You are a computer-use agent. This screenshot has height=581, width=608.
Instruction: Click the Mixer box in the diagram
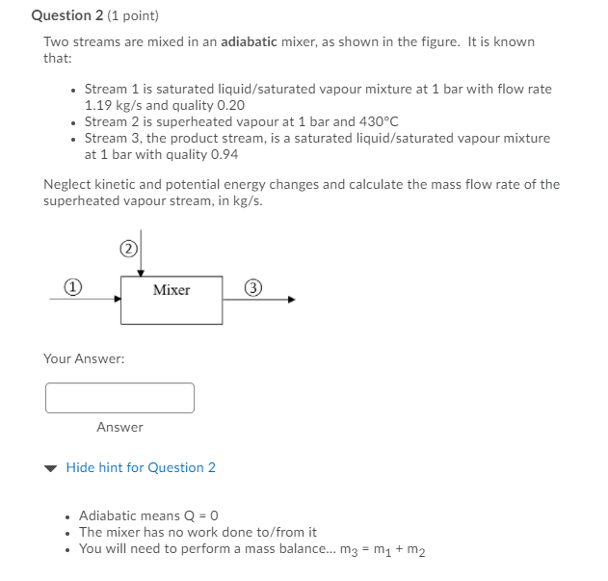[172, 299]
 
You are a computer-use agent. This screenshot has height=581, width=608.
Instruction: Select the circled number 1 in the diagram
[71, 286]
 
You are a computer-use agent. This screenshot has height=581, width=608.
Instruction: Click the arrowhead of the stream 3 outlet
[291, 299]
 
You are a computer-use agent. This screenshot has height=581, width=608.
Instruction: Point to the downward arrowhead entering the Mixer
[141, 273]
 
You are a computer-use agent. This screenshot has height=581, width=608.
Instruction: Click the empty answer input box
[119, 397]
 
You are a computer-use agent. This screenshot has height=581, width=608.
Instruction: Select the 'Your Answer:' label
[84, 358]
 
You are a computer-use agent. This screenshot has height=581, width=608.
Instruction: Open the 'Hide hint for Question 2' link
[141, 467]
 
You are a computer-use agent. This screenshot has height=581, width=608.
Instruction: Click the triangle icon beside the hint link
[51, 468]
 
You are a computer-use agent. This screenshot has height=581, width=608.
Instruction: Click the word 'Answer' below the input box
[119, 427]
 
